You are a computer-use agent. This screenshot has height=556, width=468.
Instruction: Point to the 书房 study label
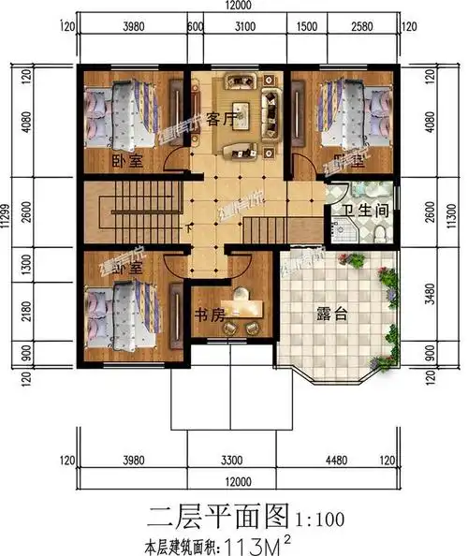pos(210,315)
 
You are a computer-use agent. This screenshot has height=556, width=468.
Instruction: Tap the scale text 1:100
pos(321,516)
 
